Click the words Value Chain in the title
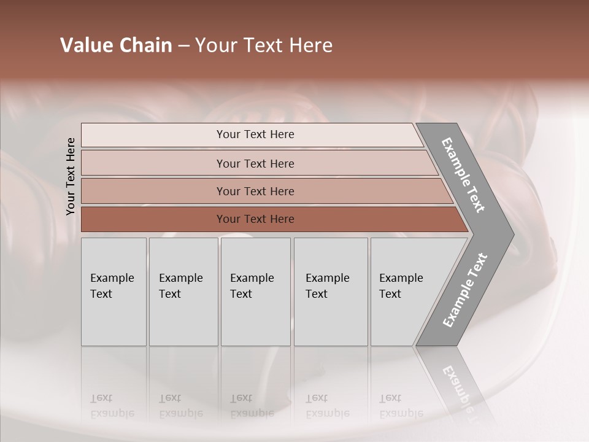(x=116, y=45)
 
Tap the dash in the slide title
(x=183, y=46)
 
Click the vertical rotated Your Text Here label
(x=71, y=176)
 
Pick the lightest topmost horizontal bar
(x=255, y=134)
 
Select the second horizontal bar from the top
(x=255, y=163)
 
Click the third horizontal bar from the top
(x=255, y=191)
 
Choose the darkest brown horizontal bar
(x=255, y=219)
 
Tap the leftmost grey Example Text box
(x=114, y=292)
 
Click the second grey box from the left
(x=183, y=292)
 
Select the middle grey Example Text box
(x=255, y=292)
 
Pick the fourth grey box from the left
(x=331, y=292)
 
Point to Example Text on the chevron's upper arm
(x=463, y=175)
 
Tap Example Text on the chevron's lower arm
(x=464, y=290)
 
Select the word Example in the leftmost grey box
(x=112, y=278)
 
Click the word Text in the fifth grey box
(x=390, y=294)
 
